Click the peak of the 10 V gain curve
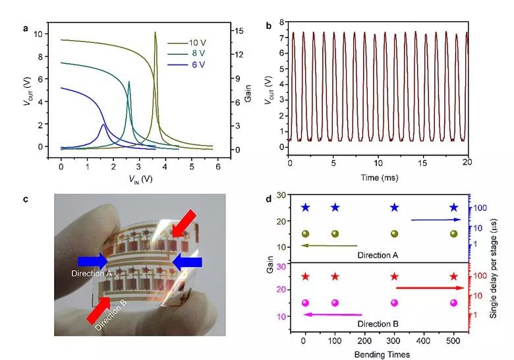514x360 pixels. tap(156, 32)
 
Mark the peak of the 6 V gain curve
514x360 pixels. tap(103, 124)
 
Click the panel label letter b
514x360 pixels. tap(268, 26)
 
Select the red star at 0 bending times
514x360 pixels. tap(304, 276)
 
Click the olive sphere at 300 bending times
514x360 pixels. tap(394, 233)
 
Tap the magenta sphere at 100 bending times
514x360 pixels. tap(335, 303)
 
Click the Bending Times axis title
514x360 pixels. tap(378, 355)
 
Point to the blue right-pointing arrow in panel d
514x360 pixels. tap(432, 220)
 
